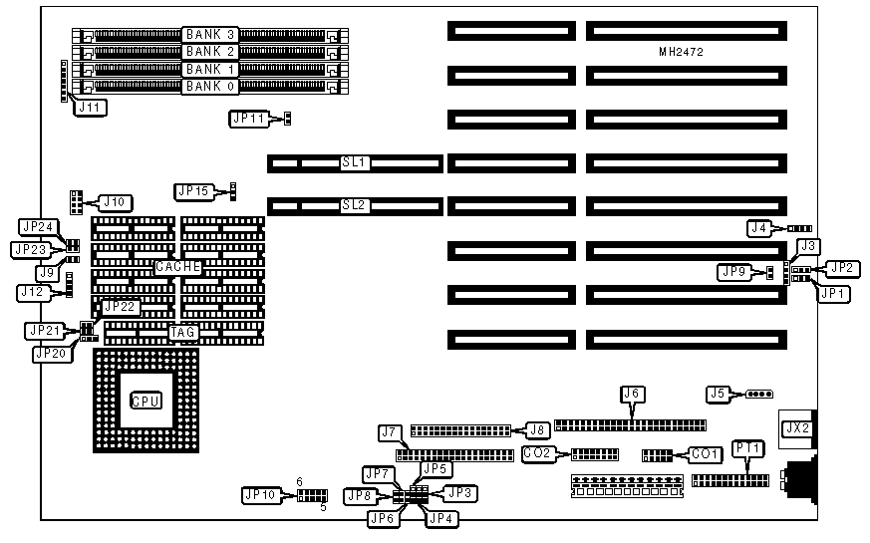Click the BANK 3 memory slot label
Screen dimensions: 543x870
point(209,35)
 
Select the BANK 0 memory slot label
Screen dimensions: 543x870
point(209,86)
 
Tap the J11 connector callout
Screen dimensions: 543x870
point(90,108)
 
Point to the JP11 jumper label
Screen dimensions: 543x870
point(249,119)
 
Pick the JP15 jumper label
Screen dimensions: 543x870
point(192,190)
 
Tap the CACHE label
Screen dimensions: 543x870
point(178,267)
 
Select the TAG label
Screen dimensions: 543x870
point(181,333)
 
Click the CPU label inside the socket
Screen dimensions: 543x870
point(145,402)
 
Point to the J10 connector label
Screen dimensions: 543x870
point(116,202)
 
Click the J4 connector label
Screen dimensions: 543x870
point(760,228)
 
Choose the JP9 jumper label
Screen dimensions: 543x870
point(732,271)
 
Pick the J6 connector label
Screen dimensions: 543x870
point(630,393)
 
